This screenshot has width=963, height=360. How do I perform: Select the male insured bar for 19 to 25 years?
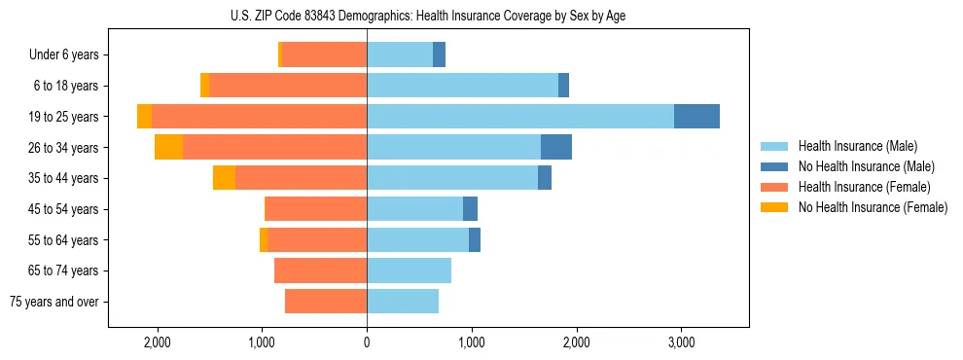pos(520,117)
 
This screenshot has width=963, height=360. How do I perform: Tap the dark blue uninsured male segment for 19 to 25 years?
pos(696,117)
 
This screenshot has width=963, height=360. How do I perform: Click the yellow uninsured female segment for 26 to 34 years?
pos(168,148)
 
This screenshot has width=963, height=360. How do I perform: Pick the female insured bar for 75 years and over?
pos(326,302)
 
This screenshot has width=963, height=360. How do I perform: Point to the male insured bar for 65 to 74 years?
pos(409,270)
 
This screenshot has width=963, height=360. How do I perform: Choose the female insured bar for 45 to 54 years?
pos(315,209)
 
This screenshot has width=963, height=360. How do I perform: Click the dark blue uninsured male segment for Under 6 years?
pos(439,55)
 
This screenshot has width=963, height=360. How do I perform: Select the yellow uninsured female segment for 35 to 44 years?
pos(224,178)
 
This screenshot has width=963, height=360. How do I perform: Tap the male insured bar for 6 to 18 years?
pos(462,86)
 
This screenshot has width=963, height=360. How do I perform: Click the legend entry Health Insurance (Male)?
pos(857,146)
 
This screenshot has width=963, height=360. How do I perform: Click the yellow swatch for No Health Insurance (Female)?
pos(774,207)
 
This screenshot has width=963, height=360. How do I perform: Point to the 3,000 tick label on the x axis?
pos(681,342)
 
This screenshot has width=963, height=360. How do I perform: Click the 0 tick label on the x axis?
pos(367,342)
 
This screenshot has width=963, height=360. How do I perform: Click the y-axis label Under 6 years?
pos(64,55)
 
